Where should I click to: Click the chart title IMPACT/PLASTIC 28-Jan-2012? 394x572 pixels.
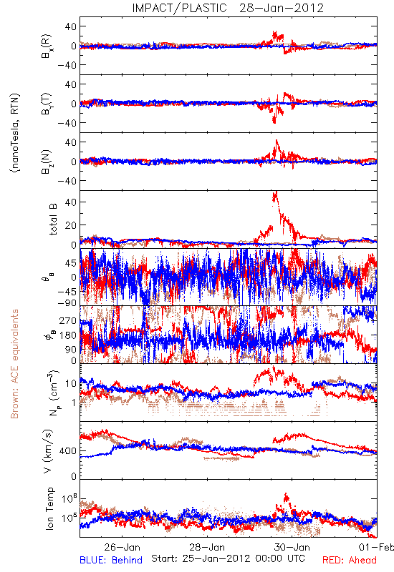coord(228,8)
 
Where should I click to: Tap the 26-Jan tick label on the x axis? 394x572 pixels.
coord(122,547)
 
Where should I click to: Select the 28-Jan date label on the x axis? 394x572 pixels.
coord(207,547)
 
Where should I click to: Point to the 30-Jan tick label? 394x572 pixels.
coord(292,547)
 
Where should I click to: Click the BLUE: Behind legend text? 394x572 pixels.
coord(111,560)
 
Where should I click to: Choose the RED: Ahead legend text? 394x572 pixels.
coord(350,560)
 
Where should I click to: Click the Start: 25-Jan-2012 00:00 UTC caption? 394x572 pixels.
coord(228,558)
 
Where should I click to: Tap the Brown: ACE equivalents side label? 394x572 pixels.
coord(14,364)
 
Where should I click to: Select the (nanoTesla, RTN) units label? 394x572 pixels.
coord(15,133)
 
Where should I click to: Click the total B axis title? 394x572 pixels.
coord(53,220)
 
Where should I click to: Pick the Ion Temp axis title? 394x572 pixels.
coord(49,508)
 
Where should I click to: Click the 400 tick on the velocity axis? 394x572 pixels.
coord(68,451)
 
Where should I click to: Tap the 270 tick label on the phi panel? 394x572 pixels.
coord(68,320)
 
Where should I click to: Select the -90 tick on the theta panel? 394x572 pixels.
coord(67,302)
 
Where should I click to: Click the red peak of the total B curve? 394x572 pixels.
coord(275,192)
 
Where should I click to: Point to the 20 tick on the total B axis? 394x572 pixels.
coord(71,225)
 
